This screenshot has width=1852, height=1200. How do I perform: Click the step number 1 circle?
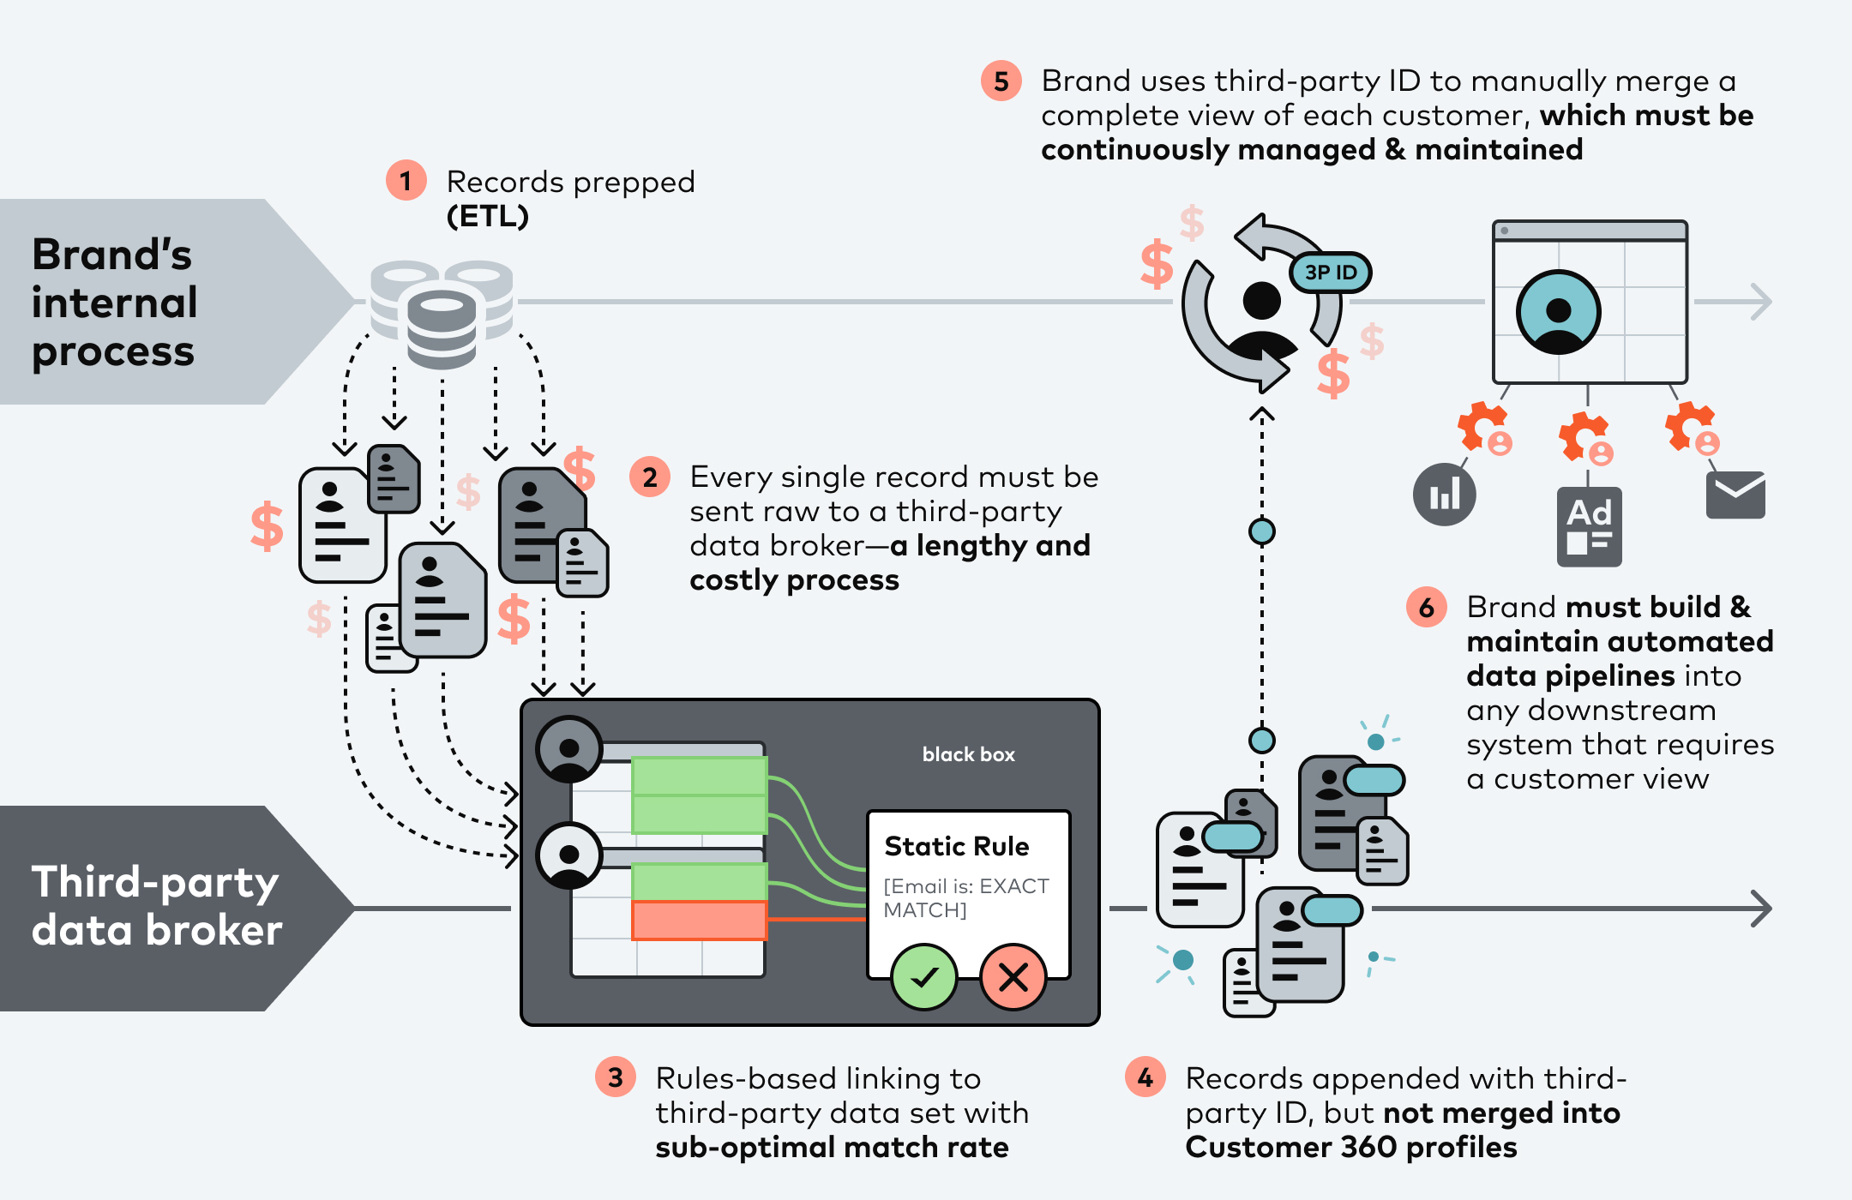click(x=406, y=181)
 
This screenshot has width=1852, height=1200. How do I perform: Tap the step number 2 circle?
click(x=650, y=477)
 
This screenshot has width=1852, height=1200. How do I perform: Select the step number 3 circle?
click(x=615, y=1077)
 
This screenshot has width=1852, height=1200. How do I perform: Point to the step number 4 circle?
click(x=1145, y=1077)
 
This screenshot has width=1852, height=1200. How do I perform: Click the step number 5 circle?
click(x=1001, y=81)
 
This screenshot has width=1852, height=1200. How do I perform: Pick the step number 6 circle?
click(x=1426, y=608)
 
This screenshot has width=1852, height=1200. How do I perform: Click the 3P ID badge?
click(x=1331, y=273)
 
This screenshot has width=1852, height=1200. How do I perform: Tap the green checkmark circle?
click(x=923, y=977)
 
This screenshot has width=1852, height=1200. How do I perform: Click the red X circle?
click(x=1013, y=977)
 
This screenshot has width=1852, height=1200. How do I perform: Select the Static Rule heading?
click(x=956, y=846)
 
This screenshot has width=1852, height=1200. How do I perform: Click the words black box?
click(x=968, y=754)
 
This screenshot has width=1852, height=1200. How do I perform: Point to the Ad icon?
click(x=1589, y=526)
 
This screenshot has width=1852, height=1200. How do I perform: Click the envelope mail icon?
click(x=1735, y=495)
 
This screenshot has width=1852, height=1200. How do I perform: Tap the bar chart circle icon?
click(x=1444, y=495)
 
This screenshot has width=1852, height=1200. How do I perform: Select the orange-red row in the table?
click(x=699, y=920)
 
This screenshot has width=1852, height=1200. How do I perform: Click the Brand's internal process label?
click(x=114, y=303)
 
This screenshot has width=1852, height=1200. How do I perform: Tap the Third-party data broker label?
click(x=156, y=906)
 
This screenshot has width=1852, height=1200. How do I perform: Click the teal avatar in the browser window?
click(x=1558, y=312)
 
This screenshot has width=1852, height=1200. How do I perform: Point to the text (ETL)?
click(x=487, y=216)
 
